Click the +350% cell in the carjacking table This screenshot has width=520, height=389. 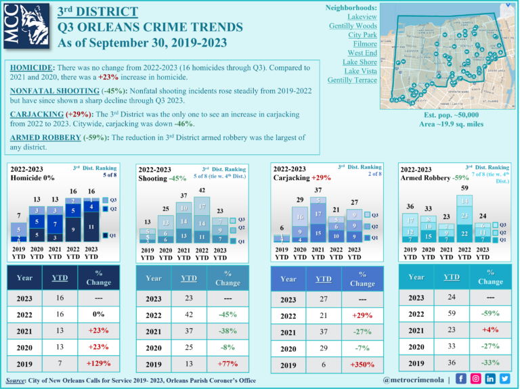tap(364, 365)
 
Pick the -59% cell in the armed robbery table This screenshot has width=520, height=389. tap(490, 313)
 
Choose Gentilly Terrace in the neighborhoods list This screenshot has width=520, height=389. tap(352, 80)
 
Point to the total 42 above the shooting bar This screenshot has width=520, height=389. tap(202, 191)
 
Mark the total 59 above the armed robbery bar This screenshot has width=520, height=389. tap(464, 187)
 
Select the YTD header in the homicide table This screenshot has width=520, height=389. tap(60, 277)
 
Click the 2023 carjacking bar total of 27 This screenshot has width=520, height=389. tap(353, 202)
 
